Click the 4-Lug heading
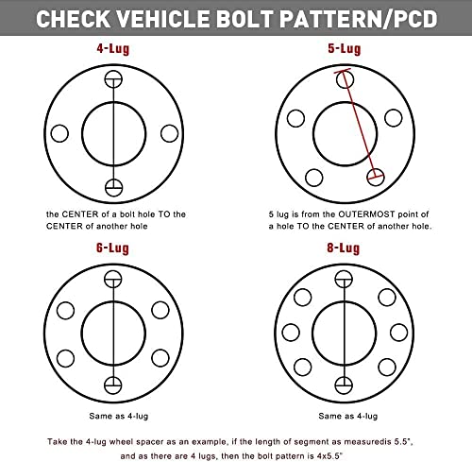[x=113, y=43]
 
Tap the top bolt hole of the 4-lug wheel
[x=114, y=78]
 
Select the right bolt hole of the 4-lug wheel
[x=168, y=132]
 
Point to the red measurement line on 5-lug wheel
[x=362, y=126]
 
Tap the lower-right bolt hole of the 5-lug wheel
[x=379, y=176]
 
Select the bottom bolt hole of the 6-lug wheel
[x=114, y=385]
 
